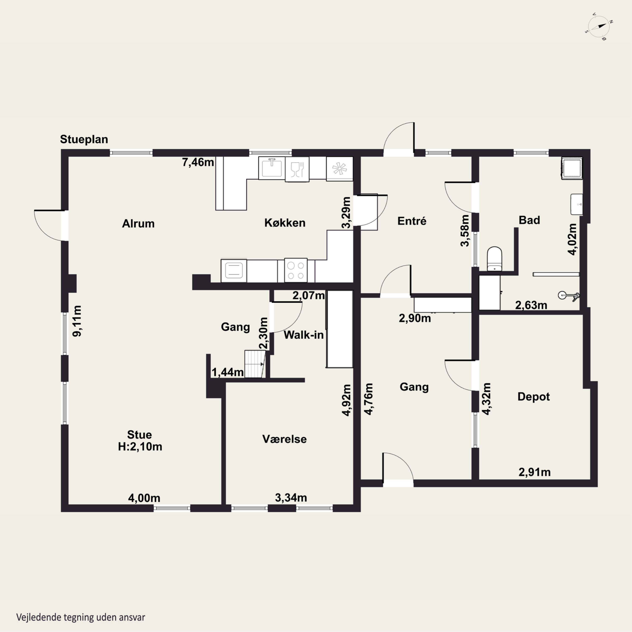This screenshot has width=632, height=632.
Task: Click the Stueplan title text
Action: pyautogui.click(x=84, y=139)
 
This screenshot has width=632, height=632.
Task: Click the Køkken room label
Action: pyautogui.click(x=285, y=223)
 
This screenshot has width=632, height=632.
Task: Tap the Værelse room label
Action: pyautogui.click(x=284, y=439)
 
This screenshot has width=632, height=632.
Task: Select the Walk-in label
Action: pyautogui.click(x=304, y=335)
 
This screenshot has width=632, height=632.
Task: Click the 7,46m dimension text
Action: pyautogui.click(x=198, y=162)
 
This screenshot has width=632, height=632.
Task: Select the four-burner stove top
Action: pyautogui.click(x=296, y=270)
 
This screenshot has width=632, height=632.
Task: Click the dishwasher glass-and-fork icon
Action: pyautogui.click(x=297, y=169)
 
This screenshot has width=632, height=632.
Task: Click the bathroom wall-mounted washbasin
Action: pyautogui.click(x=577, y=204)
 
